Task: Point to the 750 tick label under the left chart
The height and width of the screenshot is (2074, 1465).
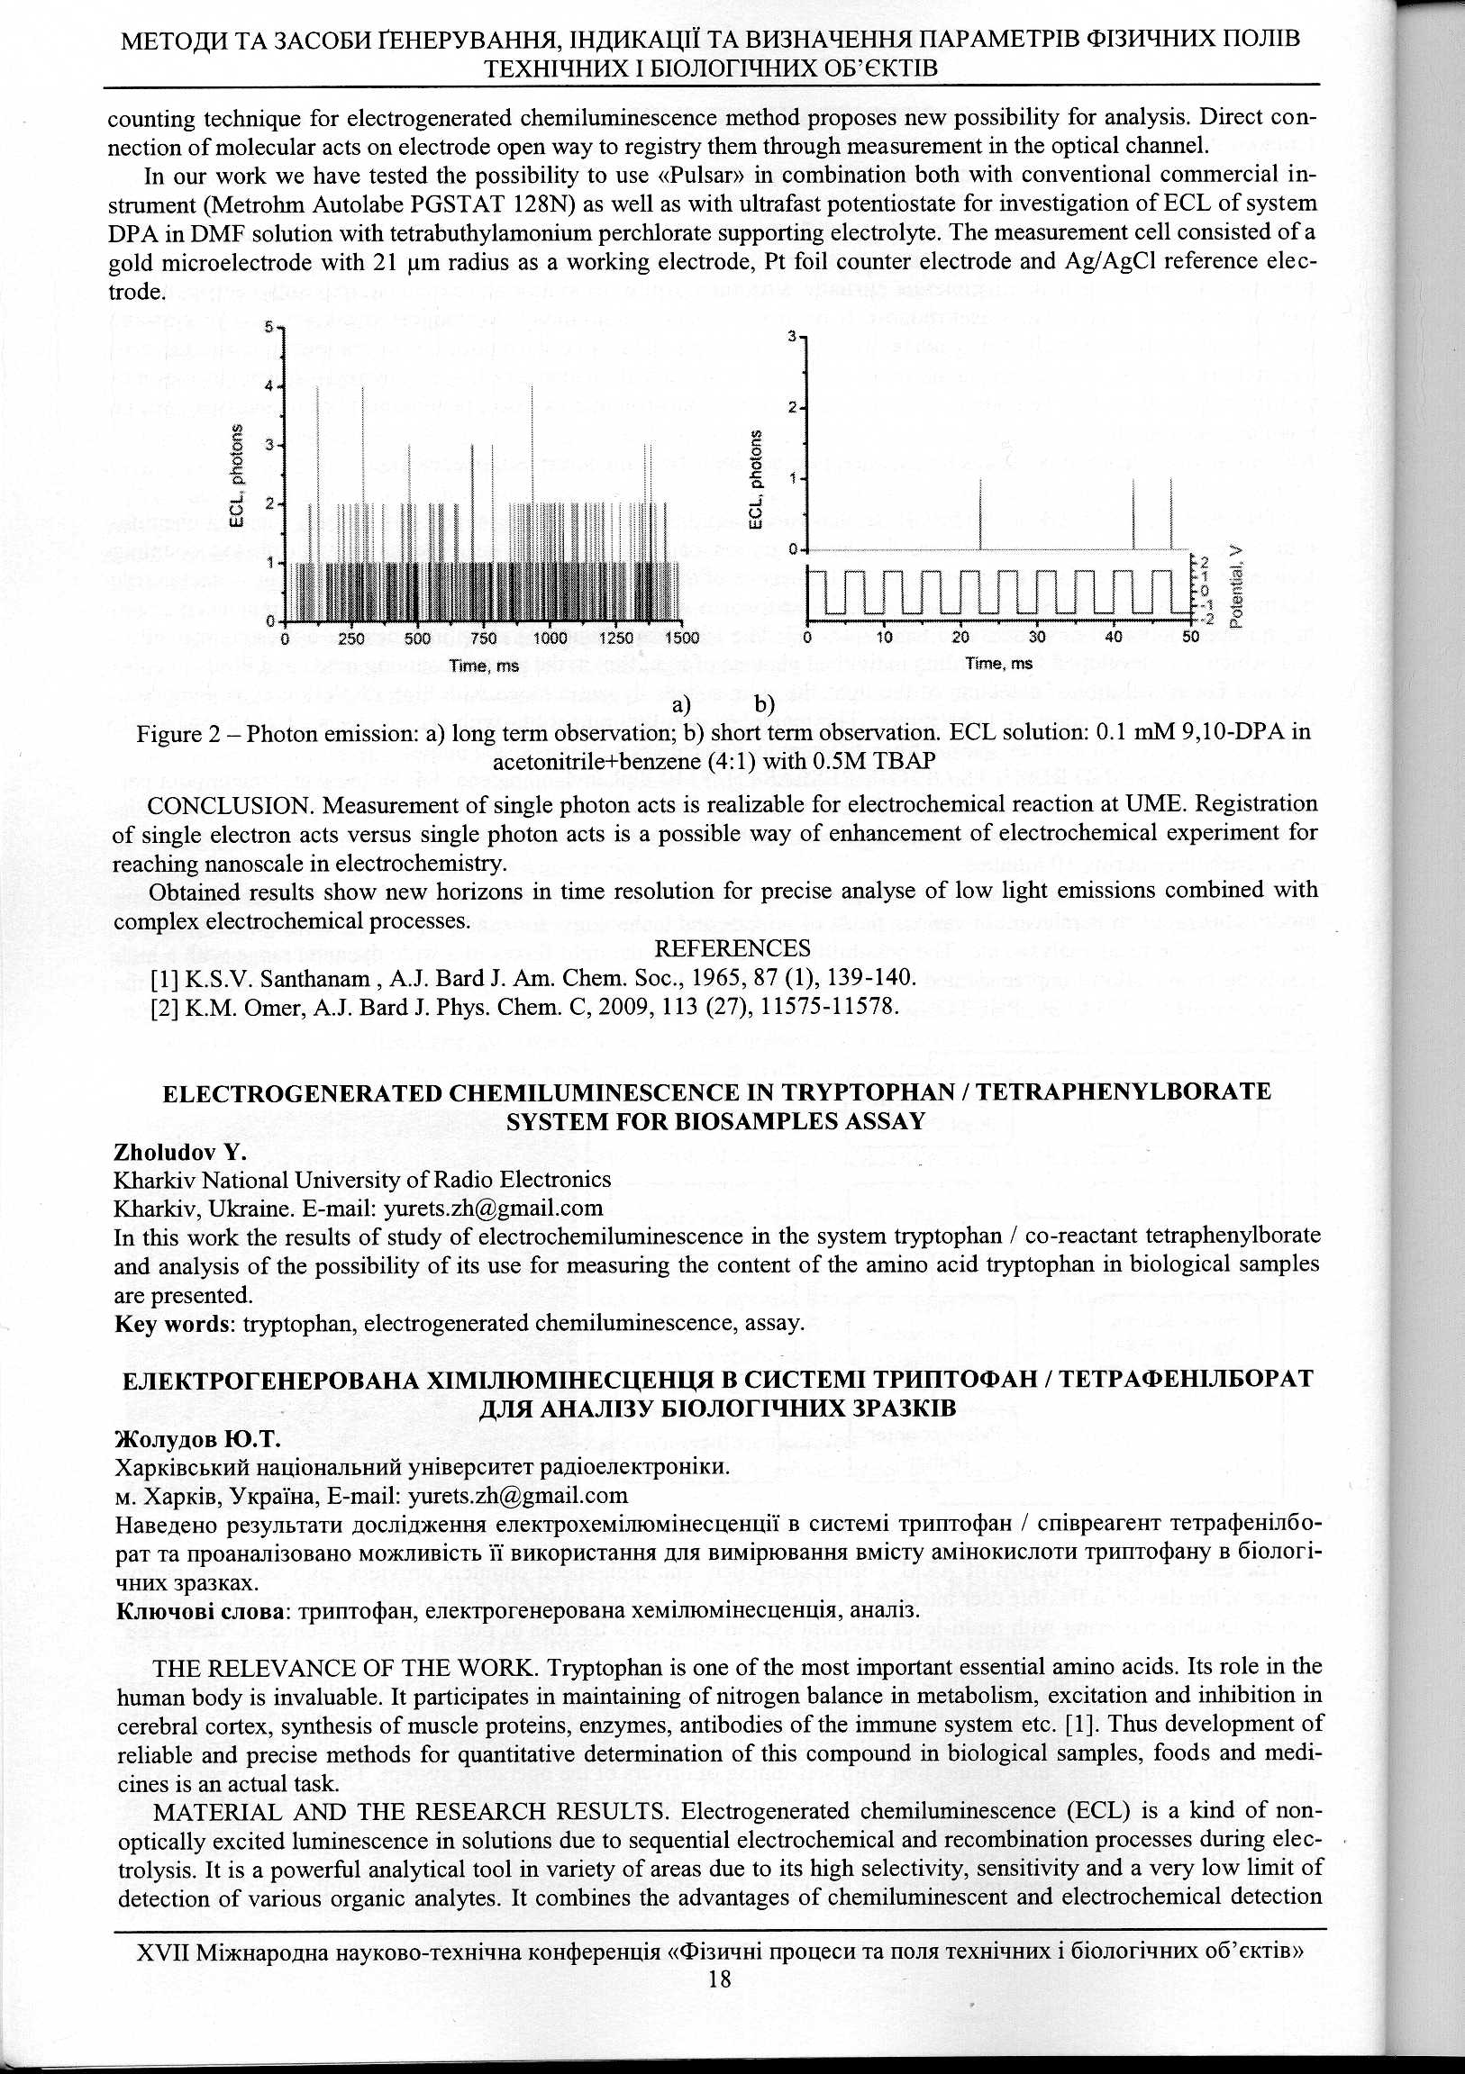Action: (484, 638)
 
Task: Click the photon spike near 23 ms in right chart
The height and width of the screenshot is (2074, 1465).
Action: (980, 515)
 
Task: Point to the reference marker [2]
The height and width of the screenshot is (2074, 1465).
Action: (165, 1006)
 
